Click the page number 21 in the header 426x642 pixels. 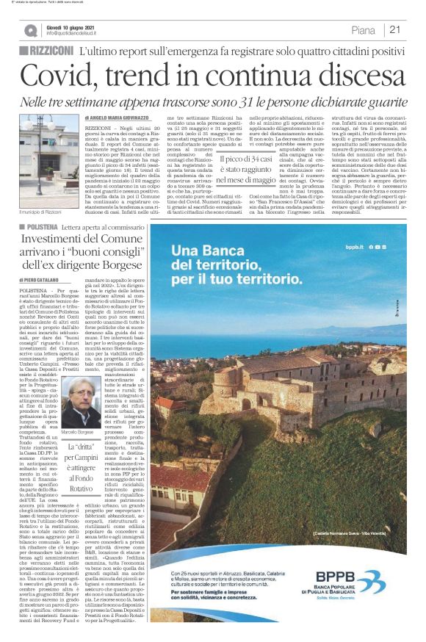(394, 30)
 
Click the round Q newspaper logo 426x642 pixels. (31, 30)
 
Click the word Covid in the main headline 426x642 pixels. (74, 75)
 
